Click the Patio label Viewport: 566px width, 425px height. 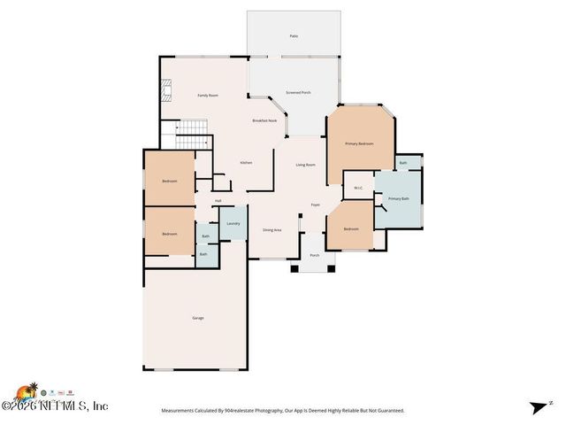tap(294, 36)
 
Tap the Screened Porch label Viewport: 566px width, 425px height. tap(298, 92)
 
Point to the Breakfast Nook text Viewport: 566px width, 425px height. tap(264, 120)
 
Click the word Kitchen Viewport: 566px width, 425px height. tap(247, 163)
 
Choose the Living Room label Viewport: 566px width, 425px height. tap(305, 165)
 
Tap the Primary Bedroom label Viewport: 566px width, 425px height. tap(359, 143)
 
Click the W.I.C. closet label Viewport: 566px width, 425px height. tap(358, 188)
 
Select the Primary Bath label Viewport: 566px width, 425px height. tap(399, 198)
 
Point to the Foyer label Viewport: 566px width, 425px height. tap(315, 205)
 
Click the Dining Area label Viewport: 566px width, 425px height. tap(272, 230)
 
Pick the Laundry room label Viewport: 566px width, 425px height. tap(233, 223)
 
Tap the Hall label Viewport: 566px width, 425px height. tap(218, 201)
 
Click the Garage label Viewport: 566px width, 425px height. tap(198, 318)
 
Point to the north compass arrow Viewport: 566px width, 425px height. tap(539, 407)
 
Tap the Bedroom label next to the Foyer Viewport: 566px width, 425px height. tap(351, 229)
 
